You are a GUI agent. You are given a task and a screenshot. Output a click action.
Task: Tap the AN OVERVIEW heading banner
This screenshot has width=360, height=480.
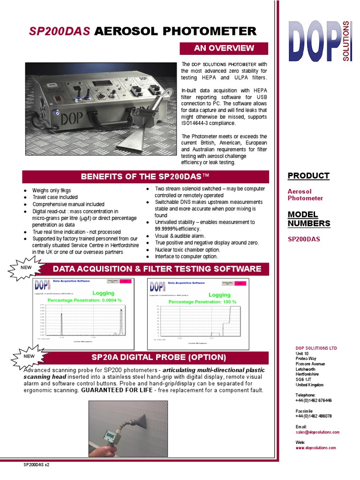click(224, 48)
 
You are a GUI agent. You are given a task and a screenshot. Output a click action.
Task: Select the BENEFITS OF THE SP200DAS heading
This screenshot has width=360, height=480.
click(145, 177)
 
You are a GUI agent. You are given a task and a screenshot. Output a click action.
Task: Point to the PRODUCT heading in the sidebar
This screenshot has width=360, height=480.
click(308, 176)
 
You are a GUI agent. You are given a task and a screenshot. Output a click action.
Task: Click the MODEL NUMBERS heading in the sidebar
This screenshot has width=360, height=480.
click(309, 219)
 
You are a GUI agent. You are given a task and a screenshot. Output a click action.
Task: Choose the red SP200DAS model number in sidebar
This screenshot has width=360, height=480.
click(304, 239)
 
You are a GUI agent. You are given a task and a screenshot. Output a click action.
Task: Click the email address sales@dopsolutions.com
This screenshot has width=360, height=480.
click(317, 432)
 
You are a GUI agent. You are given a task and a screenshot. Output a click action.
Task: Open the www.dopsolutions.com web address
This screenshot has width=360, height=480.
click(315, 448)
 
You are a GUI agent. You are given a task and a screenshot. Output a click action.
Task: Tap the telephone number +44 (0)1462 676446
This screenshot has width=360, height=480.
click(314, 400)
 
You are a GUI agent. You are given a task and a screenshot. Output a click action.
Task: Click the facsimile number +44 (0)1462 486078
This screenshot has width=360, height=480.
click(314, 416)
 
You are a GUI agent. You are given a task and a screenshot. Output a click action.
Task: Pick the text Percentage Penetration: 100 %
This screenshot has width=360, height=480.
click(202, 301)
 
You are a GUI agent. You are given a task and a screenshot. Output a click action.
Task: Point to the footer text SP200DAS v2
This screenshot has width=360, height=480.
click(37, 465)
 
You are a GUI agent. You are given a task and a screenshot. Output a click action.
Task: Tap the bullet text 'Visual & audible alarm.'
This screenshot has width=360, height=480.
click(180, 236)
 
